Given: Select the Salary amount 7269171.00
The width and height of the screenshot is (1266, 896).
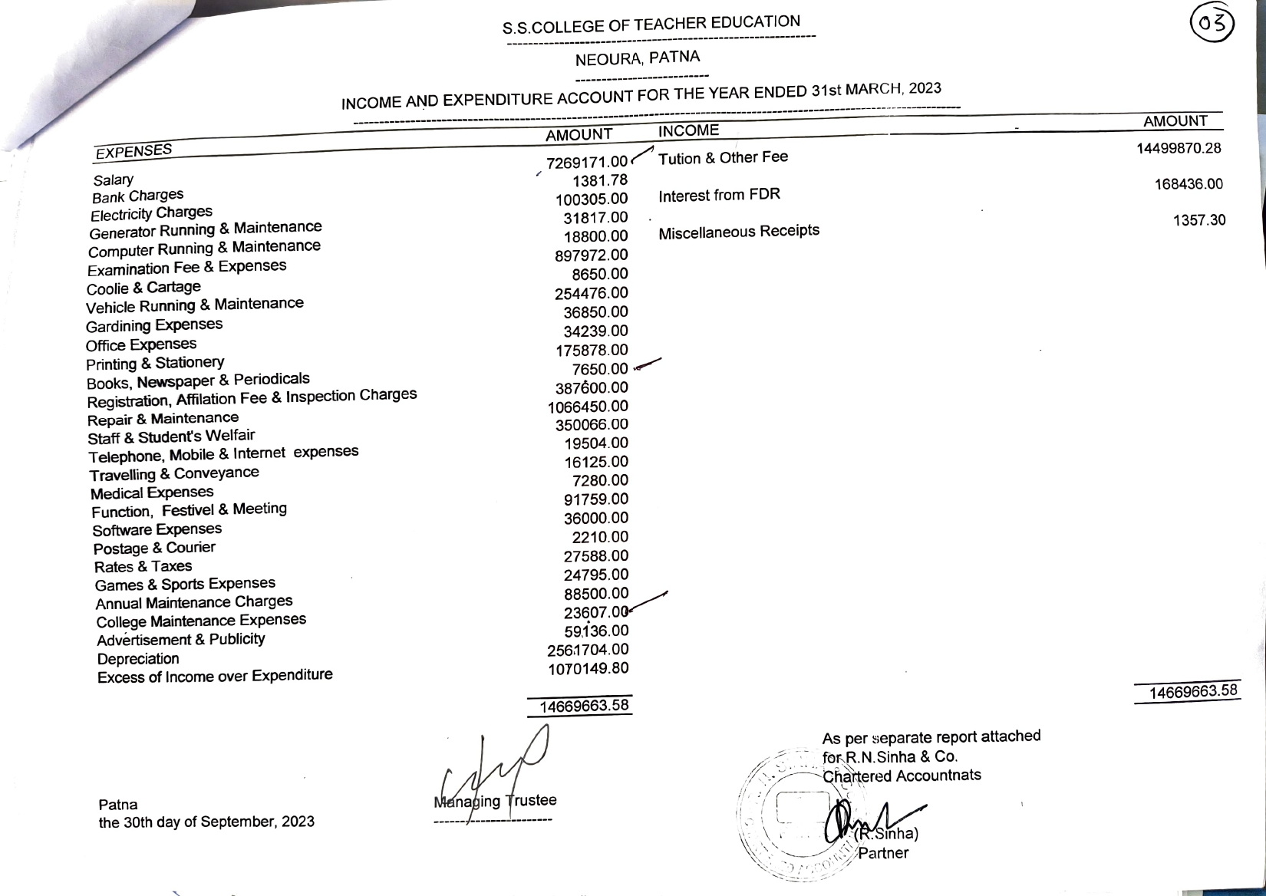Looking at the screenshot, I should click(x=587, y=162).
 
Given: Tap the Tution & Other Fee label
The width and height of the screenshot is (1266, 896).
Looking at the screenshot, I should click(x=723, y=158).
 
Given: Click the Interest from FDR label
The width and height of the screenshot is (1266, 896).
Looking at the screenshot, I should click(x=719, y=195).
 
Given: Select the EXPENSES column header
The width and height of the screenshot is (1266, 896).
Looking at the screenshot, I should click(x=134, y=151).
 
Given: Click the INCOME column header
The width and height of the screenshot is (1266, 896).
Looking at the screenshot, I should click(x=688, y=130).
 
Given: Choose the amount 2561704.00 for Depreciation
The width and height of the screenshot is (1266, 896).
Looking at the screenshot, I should click(x=588, y=650).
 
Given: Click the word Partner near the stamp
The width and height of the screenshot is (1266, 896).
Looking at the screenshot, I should click(x=883, y=853).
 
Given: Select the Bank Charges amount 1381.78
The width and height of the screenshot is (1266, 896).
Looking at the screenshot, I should click(x=600, y=180).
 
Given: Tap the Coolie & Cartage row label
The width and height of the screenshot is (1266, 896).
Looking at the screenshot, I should click(x=143, y=288).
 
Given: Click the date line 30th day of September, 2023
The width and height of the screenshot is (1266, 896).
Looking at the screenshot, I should click(x=206, y=822).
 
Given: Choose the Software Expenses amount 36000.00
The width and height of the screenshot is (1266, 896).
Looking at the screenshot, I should click(x=595, y=518).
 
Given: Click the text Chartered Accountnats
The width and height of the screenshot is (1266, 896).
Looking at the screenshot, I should click(x=902, y=776).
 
